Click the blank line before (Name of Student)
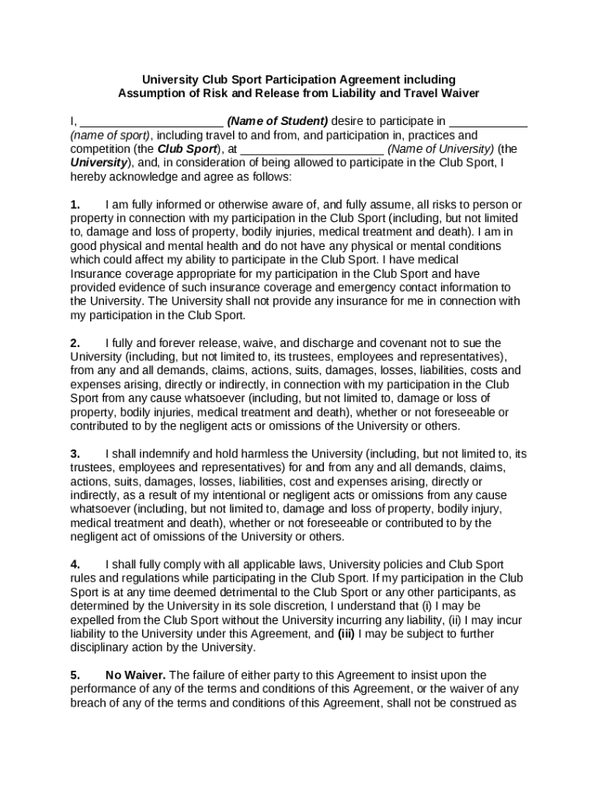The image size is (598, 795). pyautogui.click(x=152, y=122)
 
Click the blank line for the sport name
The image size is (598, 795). pyautogui.click(x=488, y=122)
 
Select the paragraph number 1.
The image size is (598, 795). pyautogui.click(x=75, y=205)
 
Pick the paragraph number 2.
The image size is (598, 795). pyautogui.click(x=75, y=343)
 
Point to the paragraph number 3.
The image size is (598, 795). pyautogui.click(x=75, y=453)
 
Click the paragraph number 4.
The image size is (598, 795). pyautogui.click(x=75, y=564)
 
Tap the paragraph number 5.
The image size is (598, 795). pyautogui.click(x=75, y=675)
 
